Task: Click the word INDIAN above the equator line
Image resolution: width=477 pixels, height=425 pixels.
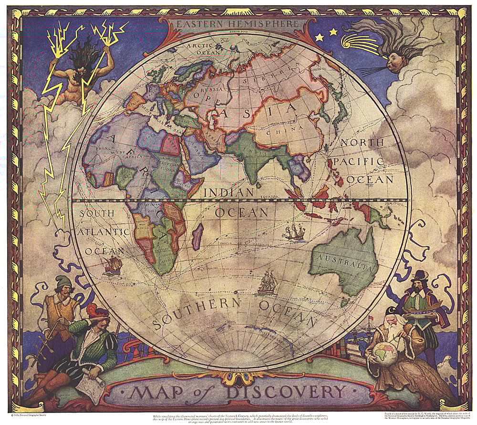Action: click(229, 193)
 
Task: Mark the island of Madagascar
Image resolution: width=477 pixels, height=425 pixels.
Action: click(197, 236)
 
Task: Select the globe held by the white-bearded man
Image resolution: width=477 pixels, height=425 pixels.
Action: click(386, 352)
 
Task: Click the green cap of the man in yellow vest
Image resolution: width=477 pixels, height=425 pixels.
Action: click(62, 282)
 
